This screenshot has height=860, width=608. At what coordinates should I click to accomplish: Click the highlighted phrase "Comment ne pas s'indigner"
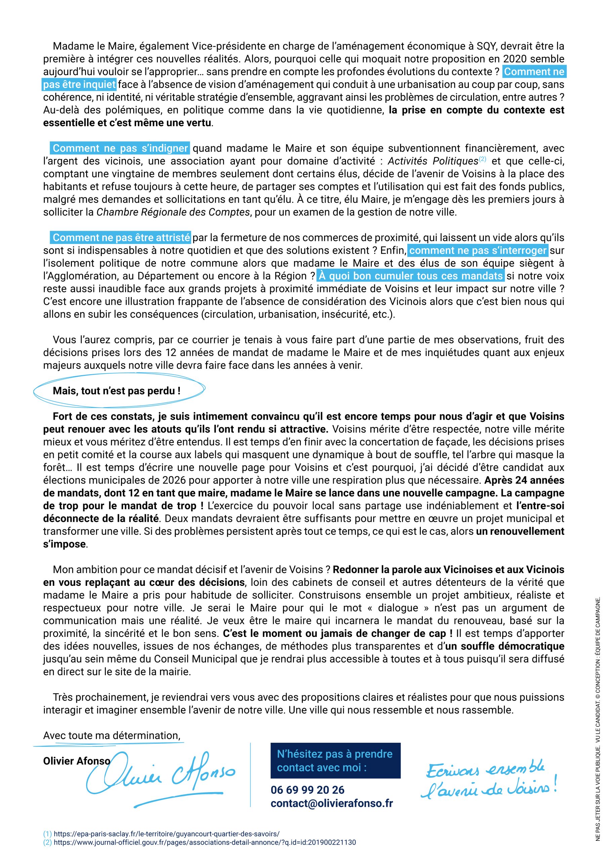click(x=120, y=148)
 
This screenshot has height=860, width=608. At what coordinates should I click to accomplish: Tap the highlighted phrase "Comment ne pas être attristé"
click(x=121, y=238)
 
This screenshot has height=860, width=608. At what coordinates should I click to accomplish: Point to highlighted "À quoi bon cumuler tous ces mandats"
click(x=410, y=276)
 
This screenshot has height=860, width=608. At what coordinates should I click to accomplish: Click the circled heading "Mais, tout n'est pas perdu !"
click(x=117, y=391)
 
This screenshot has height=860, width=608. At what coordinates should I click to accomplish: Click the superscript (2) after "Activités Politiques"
click(x=482, y=159)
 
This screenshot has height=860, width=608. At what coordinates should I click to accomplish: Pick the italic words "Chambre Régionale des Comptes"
click(x=173, y=212)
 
